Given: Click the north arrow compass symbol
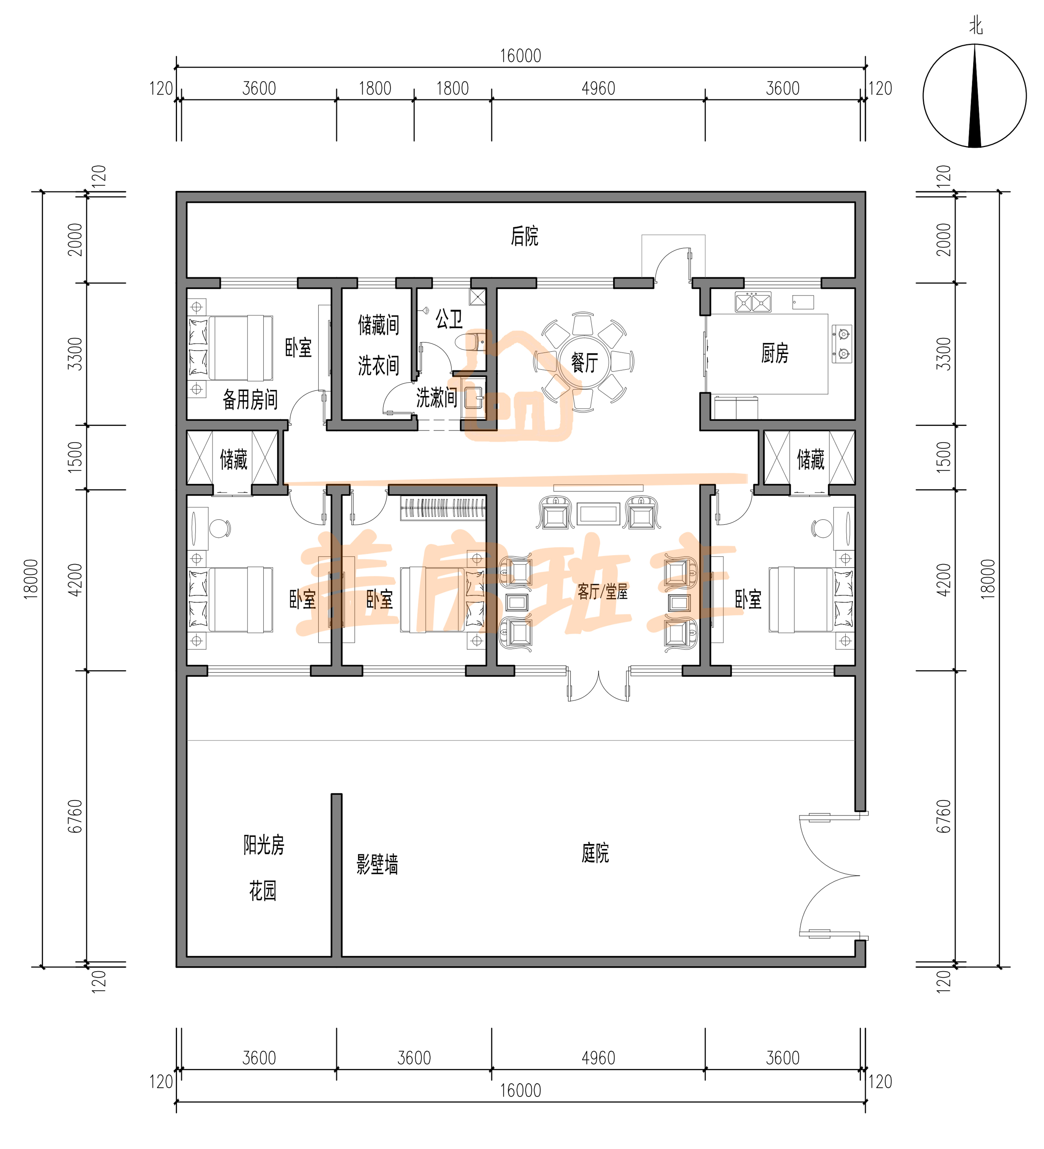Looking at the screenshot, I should tap(974, 96).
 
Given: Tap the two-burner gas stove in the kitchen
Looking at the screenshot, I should tap(842, 344).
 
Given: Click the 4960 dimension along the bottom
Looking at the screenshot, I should tap(598, 1058).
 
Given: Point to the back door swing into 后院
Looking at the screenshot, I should tap(672, 263).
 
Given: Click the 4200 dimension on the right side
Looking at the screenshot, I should tap(944, 580).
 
